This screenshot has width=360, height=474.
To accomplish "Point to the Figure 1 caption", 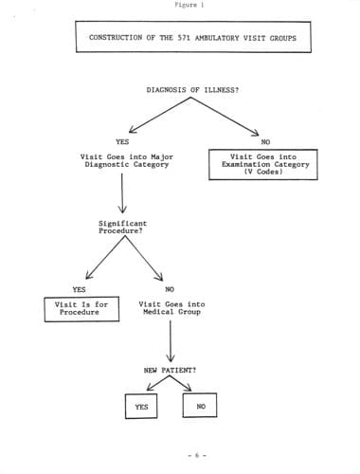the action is point(189,5).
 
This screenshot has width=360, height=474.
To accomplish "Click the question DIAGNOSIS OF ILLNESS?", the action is point(192,90).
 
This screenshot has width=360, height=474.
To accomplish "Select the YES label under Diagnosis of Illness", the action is point(122,141).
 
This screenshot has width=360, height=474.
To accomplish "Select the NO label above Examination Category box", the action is point(265,142).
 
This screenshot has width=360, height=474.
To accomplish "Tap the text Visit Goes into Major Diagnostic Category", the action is point(127,160).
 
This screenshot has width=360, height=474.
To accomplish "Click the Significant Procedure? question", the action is point(122,228).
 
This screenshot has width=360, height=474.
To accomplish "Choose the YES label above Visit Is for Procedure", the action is point(79,289).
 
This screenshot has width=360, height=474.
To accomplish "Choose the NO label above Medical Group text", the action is point(170,289).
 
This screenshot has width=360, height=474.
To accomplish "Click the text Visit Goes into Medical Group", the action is point(171,308).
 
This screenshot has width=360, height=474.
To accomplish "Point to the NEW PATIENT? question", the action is point(170,370).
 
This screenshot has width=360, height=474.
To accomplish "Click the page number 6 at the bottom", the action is point(197,455).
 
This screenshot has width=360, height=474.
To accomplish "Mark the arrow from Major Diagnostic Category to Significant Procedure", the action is point(122,193).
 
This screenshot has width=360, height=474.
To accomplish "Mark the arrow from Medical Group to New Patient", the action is point(171,341).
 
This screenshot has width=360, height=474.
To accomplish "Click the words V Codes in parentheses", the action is point(263,172).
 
